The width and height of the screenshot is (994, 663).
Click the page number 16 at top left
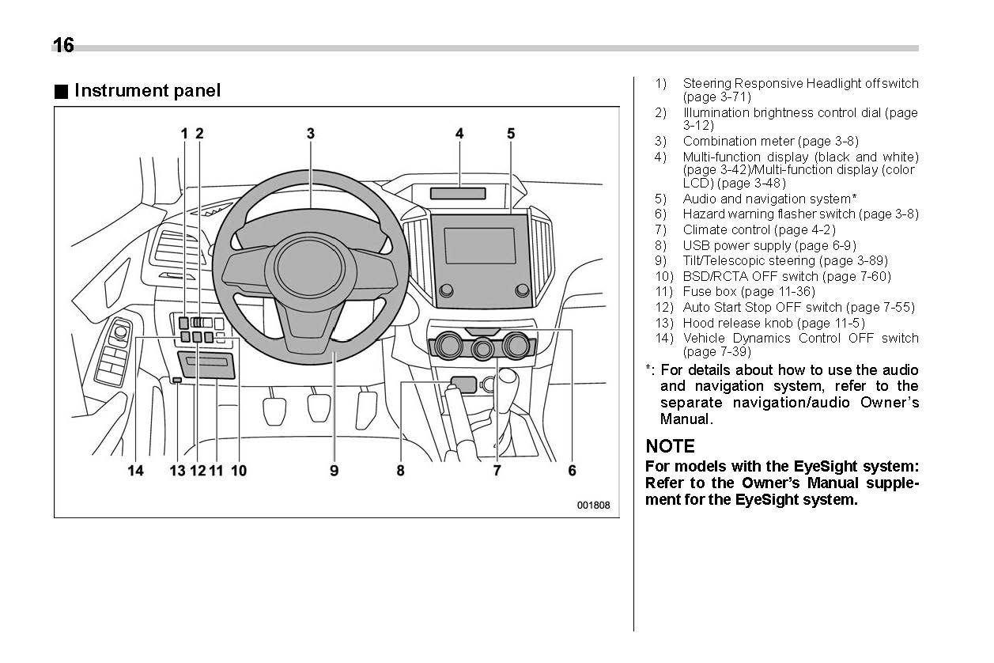point(63,46)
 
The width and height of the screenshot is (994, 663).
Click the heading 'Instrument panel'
point(147,91)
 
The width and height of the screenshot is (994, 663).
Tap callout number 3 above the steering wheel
point(311,134)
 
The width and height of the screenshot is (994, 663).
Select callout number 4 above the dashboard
point(459,134)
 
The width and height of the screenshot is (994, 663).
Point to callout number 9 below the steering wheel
point(334,471)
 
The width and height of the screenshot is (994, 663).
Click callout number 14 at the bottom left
point(136,471)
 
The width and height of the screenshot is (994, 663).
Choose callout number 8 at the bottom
point(401,471)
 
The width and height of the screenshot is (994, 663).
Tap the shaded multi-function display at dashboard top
point(458,193)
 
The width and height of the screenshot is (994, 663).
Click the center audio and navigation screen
point(479,246)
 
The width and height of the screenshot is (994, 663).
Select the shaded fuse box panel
point(206,366)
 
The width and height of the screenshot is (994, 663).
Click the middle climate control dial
point(482,348)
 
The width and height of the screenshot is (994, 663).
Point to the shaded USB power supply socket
point(463,385)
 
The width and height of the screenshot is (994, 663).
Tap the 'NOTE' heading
point(670,446)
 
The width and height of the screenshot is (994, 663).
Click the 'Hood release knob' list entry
point(739,323)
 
